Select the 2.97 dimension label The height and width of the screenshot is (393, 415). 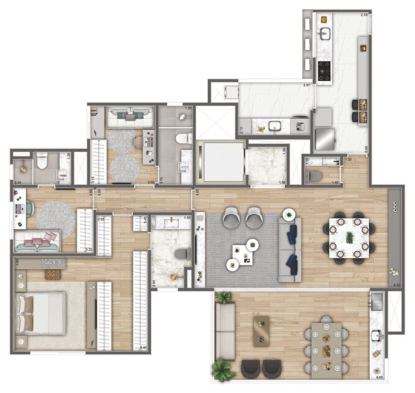[306, 85]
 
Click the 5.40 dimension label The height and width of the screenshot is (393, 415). [143, 348]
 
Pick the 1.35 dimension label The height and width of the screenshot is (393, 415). [188, 108]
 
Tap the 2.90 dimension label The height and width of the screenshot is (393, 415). [154, 282]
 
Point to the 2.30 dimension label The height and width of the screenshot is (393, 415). [18, 182]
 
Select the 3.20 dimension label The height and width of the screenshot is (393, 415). [88, 250]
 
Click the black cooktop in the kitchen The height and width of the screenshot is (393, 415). [324, 71]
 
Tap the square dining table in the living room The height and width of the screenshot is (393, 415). [349, 237]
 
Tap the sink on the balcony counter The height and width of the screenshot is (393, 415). [378, 334]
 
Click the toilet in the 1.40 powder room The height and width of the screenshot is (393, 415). [315, 176]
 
